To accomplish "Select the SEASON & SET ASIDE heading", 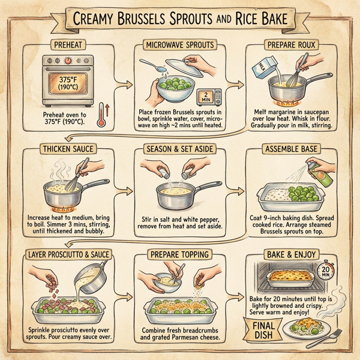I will pos(179,148).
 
